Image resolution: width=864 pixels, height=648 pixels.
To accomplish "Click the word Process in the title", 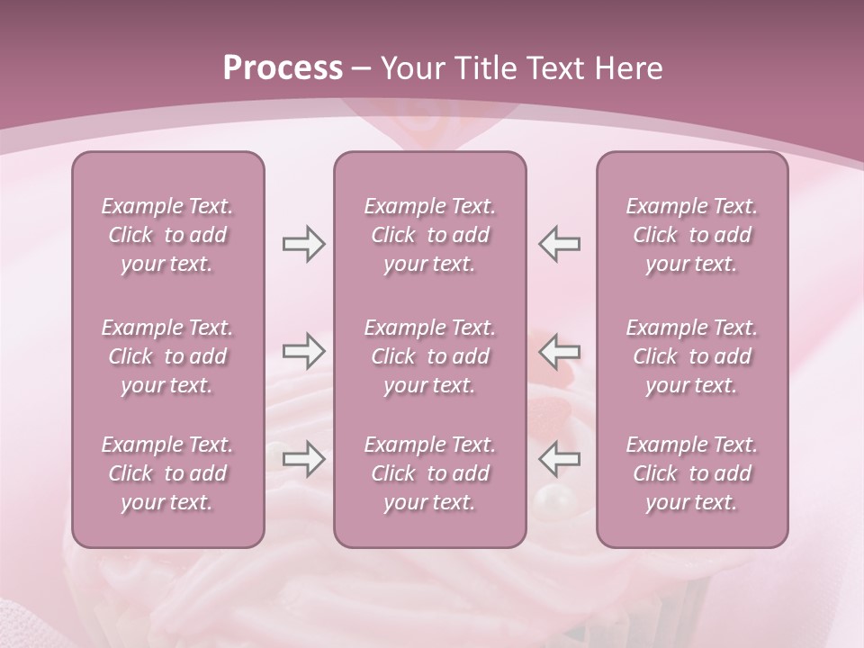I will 283,67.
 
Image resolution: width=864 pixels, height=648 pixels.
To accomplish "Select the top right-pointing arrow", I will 304,244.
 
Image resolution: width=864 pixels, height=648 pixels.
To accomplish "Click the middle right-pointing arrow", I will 304,350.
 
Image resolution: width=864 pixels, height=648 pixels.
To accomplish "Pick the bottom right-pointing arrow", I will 304,459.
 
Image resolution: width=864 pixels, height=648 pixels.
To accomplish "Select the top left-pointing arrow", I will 559,244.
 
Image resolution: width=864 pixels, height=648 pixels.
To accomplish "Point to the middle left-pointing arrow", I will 559,350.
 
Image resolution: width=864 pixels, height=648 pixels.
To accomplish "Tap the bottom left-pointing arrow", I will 559,459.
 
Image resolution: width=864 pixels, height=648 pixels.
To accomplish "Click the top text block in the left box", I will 167,235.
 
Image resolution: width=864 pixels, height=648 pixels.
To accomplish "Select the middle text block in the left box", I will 167,356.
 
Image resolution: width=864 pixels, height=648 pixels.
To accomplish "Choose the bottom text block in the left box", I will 167,473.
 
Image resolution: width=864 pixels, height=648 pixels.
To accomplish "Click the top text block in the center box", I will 430,235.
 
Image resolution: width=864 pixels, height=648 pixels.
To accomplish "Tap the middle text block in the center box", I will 430,356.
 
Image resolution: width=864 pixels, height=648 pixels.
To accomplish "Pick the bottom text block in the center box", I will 430,473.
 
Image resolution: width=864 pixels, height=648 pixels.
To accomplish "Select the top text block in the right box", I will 692,235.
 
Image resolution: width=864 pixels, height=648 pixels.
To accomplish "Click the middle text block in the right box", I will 692,356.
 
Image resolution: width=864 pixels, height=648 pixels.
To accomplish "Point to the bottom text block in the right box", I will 692,473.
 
